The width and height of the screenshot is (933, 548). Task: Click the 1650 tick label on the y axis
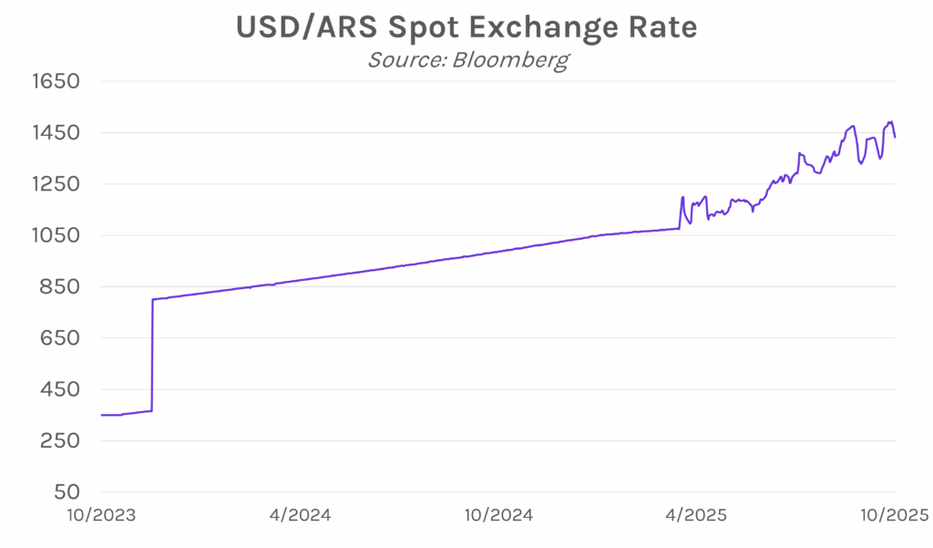click(57, 81)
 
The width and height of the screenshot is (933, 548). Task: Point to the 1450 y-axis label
click(57, 133)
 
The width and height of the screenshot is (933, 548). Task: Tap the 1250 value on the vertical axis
click(57, 184)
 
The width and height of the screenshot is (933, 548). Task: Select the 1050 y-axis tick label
click(57, 235)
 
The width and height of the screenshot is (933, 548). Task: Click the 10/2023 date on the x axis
click(103, 515)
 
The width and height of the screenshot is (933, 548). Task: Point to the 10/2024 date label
click(499, 515)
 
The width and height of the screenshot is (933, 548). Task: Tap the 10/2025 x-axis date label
click(894, 515)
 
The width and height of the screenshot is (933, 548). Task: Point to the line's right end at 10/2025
click(896, 138)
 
